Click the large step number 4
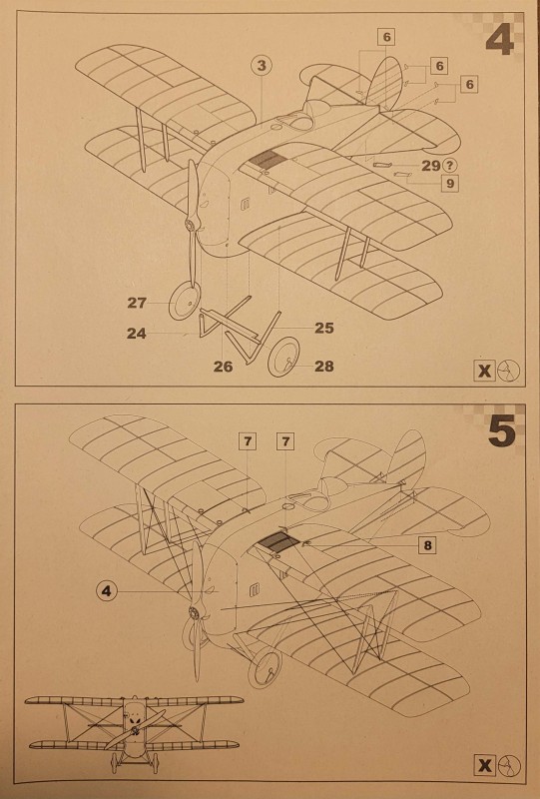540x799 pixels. pos(500,40)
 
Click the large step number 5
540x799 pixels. pos(502,430)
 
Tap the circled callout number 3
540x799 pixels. pos(262,65)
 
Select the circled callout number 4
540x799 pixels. pos(106,591)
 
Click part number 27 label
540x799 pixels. pos(137,303)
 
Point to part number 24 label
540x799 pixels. pos(137,334)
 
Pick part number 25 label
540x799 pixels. pos(324,328)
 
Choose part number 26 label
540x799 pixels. pos(224,366)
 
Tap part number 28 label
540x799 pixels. pos(324,366)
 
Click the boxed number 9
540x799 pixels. pos(450,183)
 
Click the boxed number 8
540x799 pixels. pos(427,545)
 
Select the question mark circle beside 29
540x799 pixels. pos(450,165)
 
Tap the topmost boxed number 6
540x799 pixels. pos(386,37)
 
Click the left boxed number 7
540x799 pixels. pos(248,440)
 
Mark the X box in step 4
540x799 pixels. pos(484,371)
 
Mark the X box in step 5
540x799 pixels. pos(484,765)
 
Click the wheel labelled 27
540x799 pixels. pos(185,302)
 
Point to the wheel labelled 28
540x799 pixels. pos(283,357)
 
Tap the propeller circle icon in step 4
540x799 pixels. pos(509,371)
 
